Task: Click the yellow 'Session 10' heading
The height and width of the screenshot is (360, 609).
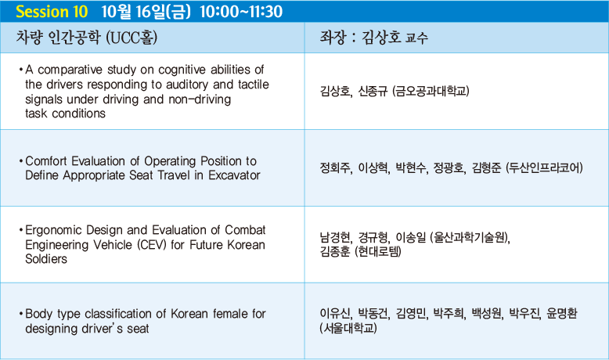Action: [52, 11]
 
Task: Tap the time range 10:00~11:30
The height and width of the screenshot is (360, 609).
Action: [241, 11]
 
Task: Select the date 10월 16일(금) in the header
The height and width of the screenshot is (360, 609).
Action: [146, 11]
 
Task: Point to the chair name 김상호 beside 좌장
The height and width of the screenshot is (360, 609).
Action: [381, 38]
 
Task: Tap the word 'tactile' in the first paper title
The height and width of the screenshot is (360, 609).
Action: [254, 85]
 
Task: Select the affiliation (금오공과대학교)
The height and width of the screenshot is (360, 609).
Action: [431, 92]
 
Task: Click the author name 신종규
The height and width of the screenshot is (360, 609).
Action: [373, 92]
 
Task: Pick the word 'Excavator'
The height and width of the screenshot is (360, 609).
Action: [234, 175]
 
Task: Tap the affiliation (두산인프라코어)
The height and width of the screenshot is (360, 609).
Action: [544, 167]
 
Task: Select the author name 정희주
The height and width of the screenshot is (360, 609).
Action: [336, 167]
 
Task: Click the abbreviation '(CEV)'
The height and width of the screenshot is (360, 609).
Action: [152, 245]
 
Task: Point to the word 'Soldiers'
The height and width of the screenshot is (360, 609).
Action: [46, 259]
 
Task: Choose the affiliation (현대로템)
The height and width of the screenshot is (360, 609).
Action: [378, 251]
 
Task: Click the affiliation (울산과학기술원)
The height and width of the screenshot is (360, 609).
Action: [469, 237]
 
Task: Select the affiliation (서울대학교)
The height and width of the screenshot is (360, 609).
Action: [348, 328]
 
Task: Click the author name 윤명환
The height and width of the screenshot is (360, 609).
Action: [562, 313]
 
